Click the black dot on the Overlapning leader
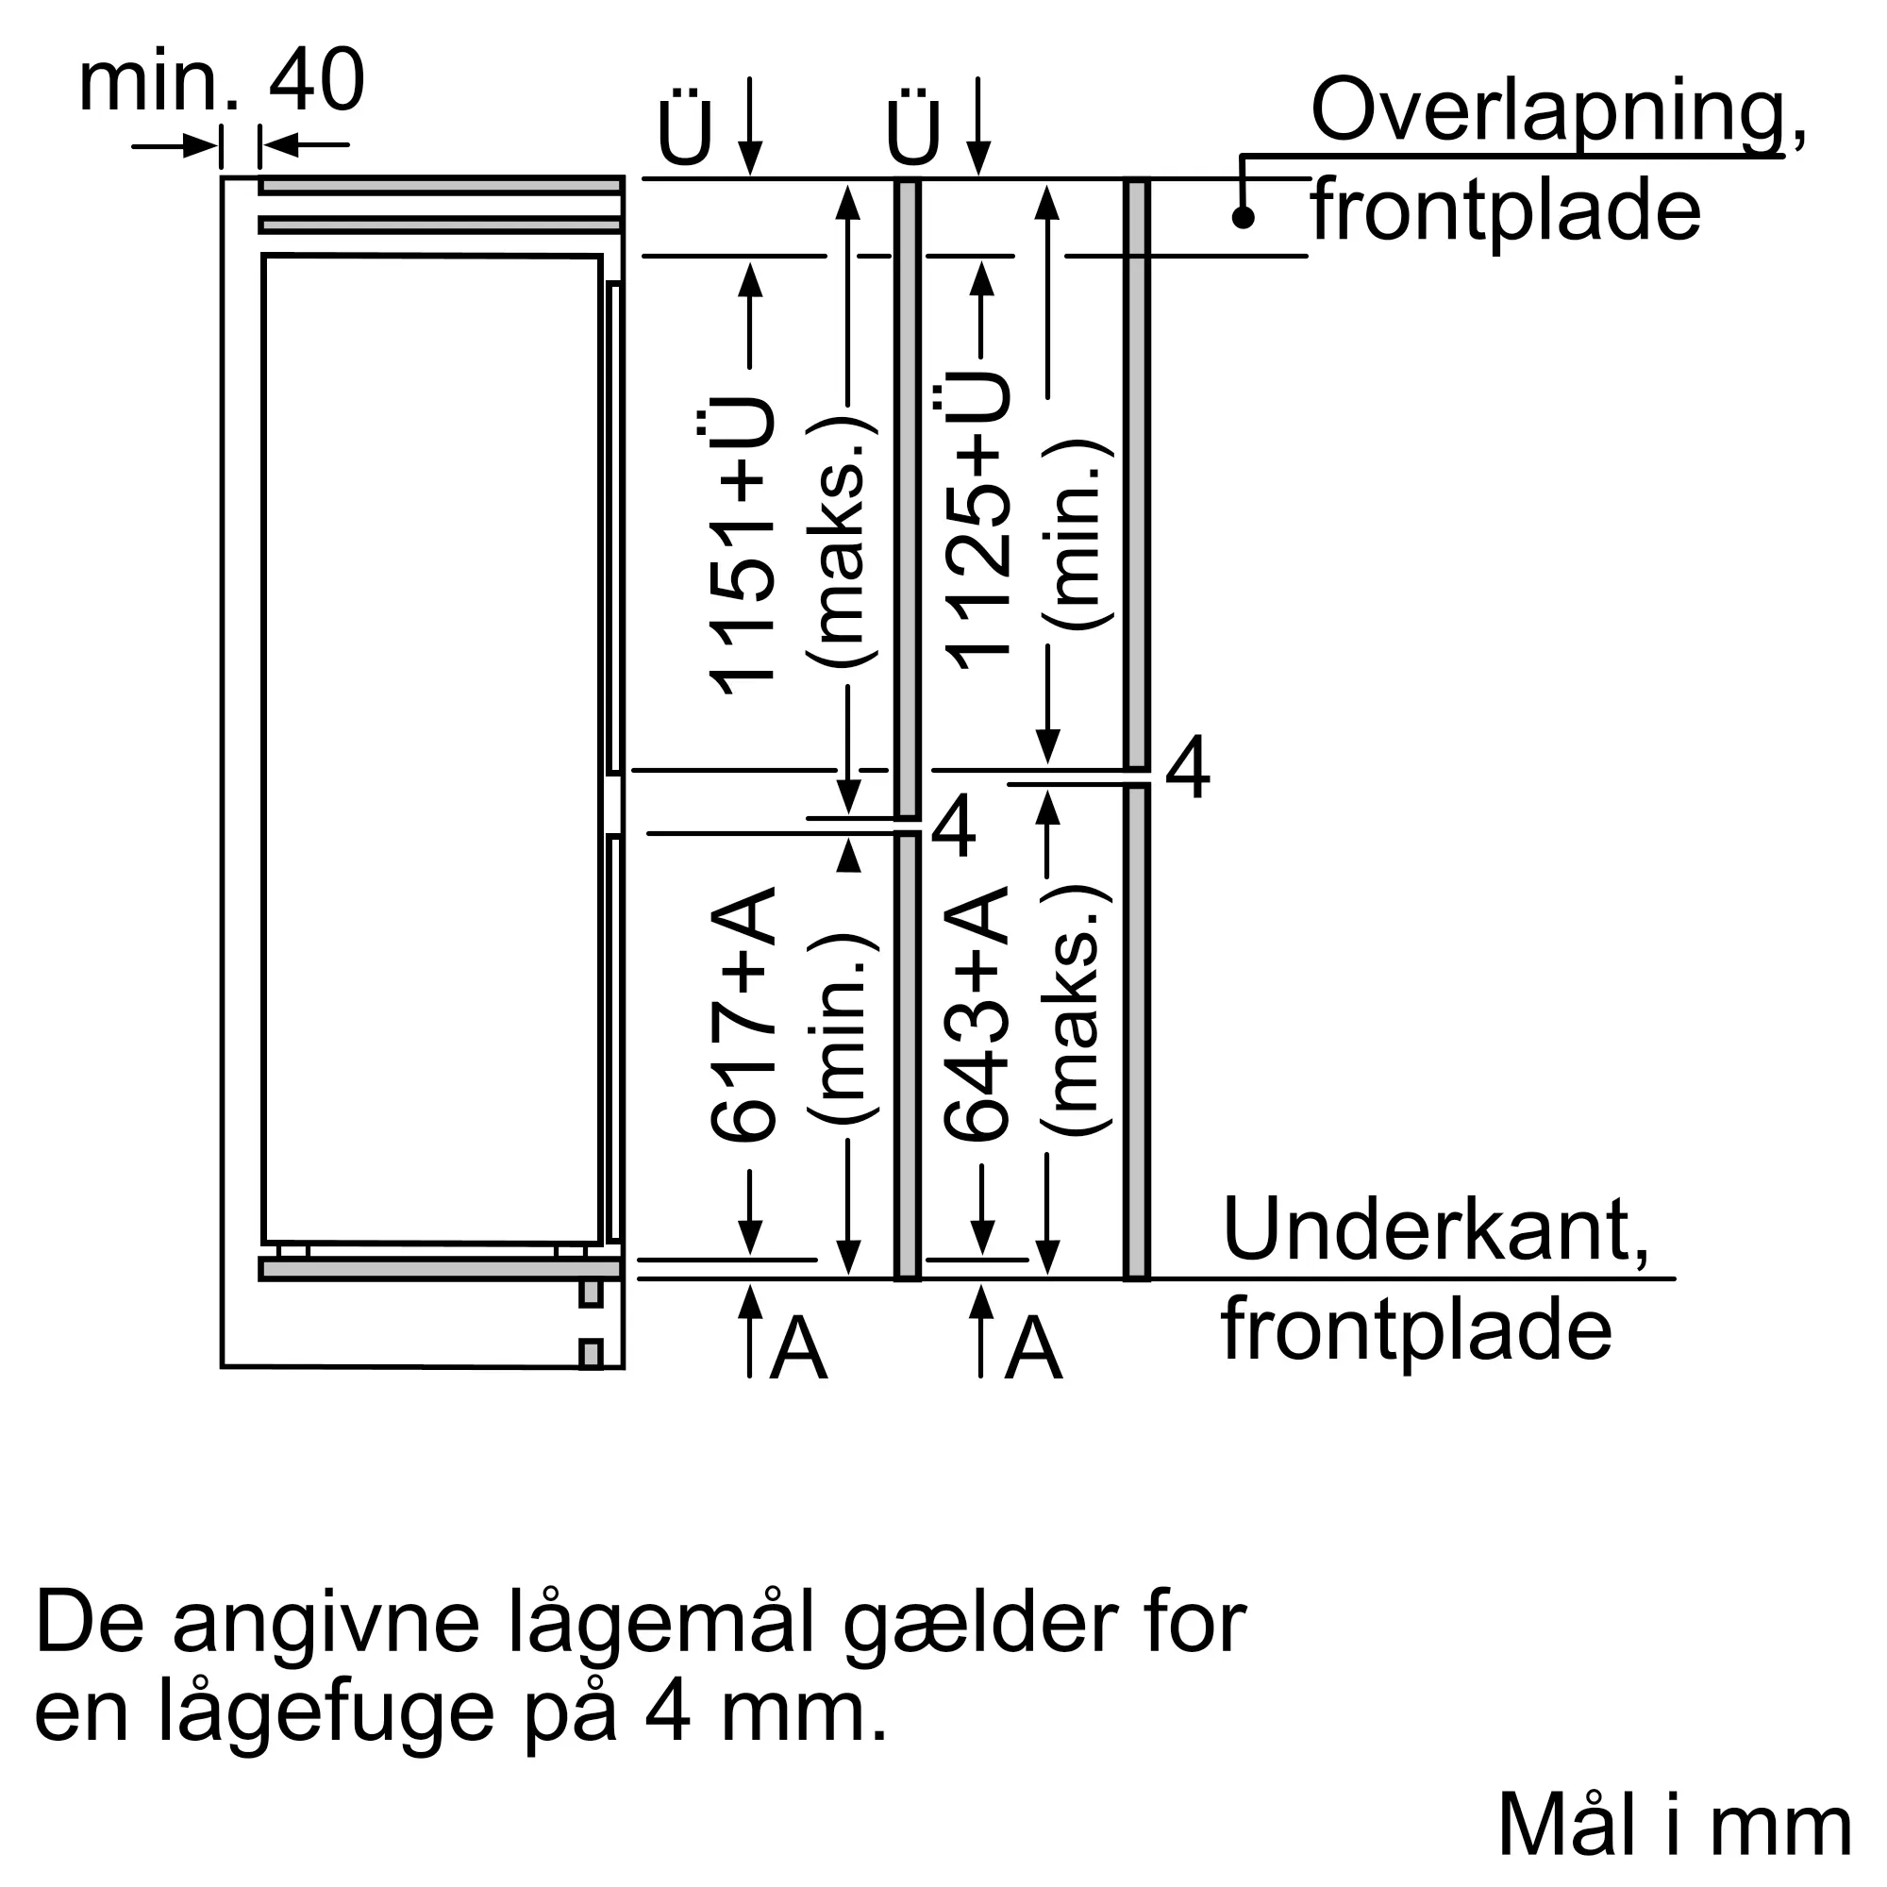coord(1243,217)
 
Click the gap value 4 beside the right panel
coord(1188,769)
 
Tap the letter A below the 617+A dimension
coord(798,1349)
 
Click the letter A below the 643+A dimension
coord(1033,1349)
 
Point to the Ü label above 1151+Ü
coord(685,129)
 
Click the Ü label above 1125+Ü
coord(913,129)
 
